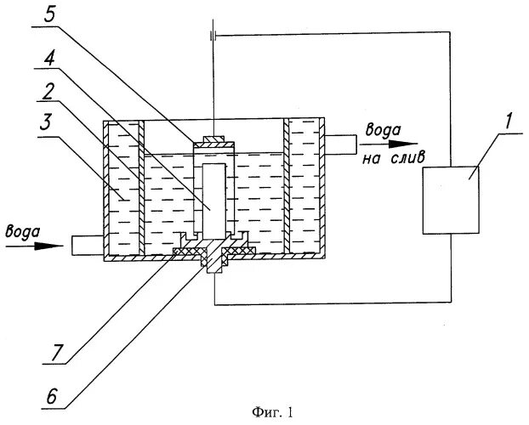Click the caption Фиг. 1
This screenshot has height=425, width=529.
coord(272,413)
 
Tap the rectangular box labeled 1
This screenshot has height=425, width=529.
coord(451,200)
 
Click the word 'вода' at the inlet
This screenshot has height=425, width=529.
coord(20,229)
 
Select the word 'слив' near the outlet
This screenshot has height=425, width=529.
coord(417,157)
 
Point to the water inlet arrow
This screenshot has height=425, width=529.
coord(34,246)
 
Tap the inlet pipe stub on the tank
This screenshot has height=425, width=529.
coord(87,246)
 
